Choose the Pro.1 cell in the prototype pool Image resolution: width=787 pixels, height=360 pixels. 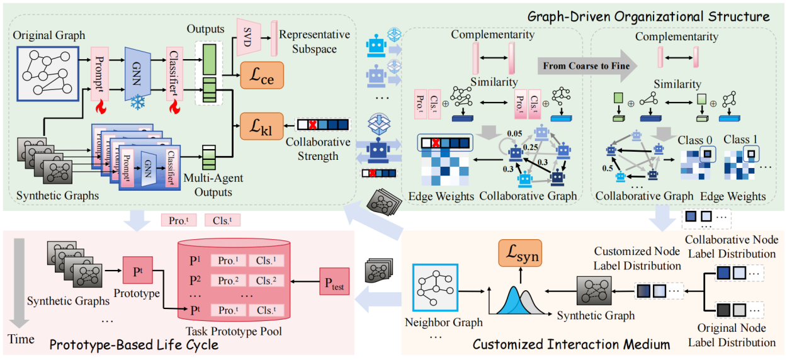point(227,261)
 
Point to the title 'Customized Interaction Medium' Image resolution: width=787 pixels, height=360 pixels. point(570,345)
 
